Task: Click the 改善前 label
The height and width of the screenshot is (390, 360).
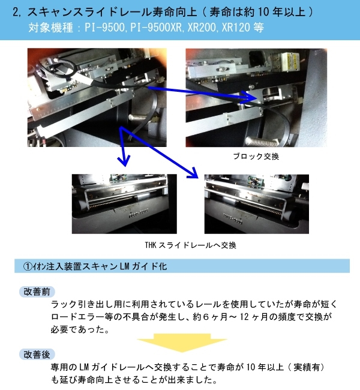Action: pos(37,292)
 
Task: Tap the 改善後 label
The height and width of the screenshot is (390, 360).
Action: pos(37,355)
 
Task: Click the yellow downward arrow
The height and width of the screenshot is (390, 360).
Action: pos(182,343)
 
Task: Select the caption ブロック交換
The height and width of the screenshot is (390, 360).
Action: pos(256,157)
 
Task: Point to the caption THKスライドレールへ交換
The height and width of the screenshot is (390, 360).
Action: pos(191,245)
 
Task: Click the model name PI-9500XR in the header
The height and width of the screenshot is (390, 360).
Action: pos(156,28)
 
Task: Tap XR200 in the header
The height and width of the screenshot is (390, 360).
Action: pos(202,28)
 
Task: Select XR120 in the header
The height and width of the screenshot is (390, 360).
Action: pos(236,28)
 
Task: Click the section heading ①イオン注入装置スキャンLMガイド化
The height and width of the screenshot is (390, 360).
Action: pos(95,266)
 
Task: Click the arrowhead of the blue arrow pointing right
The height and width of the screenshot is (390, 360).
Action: pos(250,97)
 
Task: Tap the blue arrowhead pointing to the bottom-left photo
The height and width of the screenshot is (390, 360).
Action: pos(124,160)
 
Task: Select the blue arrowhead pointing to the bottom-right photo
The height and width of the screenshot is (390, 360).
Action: pos(194,173)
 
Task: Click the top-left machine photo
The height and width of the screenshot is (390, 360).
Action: pos(97,97)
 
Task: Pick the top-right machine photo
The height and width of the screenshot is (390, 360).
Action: pos(256,97)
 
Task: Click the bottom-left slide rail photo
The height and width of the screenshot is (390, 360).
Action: pos(124,204)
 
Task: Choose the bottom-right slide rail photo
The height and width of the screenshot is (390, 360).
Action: pos(257,204)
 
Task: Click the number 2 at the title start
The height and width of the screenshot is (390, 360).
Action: pos(16,12)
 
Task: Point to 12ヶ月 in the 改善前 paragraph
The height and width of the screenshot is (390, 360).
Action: pos(254,317)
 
